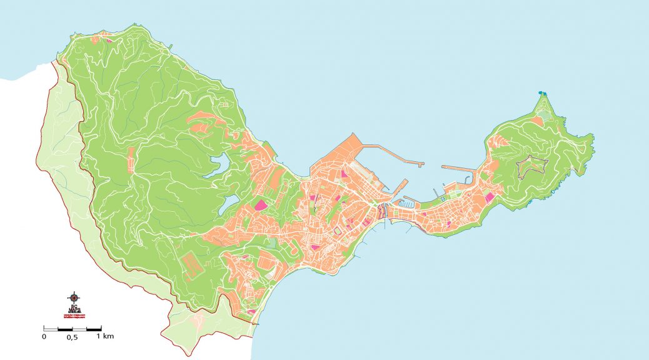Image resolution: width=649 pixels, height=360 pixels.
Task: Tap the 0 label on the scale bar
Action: (x=44, y=337)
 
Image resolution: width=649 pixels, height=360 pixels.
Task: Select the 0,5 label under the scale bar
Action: (x=72, y=337)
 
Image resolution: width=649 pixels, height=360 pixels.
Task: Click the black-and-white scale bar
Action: (x=72, y=328)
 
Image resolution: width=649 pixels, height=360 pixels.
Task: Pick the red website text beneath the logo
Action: (x=74, y=316)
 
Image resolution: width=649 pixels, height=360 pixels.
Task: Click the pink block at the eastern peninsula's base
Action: (x=490, y=197)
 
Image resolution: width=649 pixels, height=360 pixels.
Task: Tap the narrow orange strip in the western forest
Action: (x=131, y=159)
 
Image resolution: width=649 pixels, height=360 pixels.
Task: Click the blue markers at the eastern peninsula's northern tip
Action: (x=543, y=94)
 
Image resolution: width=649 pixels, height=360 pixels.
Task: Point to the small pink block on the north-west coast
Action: (x=107, y=41)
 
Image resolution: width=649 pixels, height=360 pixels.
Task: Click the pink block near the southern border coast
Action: (x=251, y=311)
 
